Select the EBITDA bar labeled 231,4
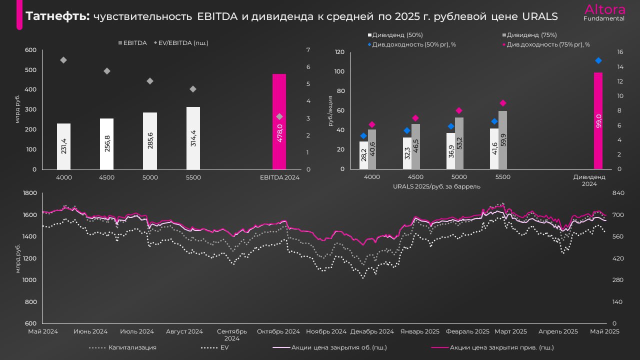[63, 146]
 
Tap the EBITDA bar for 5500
[193, 138]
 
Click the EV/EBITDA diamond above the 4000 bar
[63, 60]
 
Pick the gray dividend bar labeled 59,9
[502, 140]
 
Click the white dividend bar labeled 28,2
[363, 155]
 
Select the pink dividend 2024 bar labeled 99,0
[598, 120]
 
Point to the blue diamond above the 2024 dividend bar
[598, 60]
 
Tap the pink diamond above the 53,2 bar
[459, 110]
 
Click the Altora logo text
[604, 9]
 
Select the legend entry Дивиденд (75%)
[531, 35]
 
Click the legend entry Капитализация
[132, 347]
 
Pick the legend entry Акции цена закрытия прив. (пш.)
[501, 347]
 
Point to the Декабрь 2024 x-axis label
[372, 331]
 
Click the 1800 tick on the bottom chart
[30, 193]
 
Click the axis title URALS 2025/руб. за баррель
[436, 186]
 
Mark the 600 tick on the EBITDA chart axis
[30, 50]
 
